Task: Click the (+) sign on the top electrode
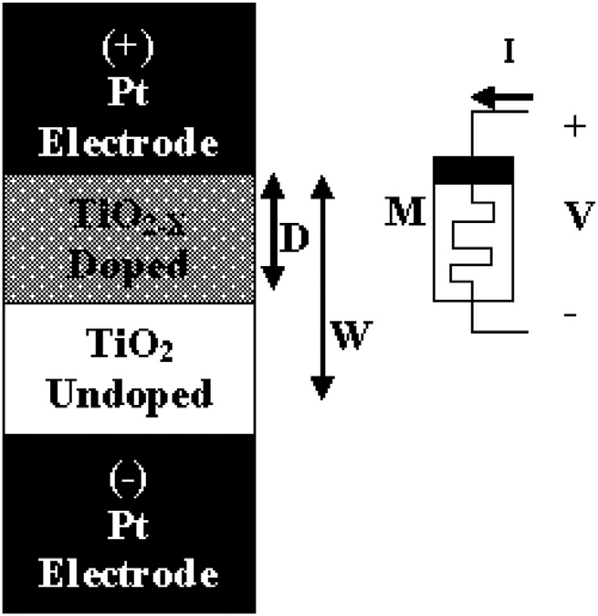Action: (x=129, y=45)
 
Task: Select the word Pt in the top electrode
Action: (x=129, y=94)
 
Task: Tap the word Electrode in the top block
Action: (x=129, y=143)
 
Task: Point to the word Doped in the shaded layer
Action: (x=129, y=264)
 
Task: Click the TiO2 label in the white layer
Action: (x=129, y=347)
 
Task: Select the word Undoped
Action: (x=129, y=395)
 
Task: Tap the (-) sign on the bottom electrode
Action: (x=129, y=477)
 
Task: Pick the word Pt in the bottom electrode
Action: (x=129, y=526)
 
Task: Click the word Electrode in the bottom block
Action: (x=129, y=574)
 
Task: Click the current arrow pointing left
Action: (x=501, y=95)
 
